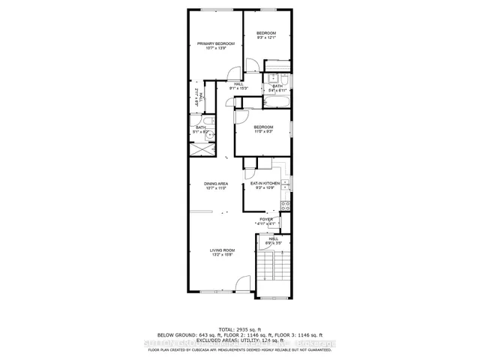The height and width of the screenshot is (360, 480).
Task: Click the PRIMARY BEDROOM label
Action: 216,44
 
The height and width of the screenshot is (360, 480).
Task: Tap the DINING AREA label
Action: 215,184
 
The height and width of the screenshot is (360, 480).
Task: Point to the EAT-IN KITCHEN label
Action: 265,183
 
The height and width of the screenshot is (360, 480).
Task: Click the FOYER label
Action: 266,219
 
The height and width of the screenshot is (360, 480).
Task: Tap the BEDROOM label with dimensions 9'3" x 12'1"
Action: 266,34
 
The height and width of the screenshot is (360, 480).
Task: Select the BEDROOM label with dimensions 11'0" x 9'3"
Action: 262,127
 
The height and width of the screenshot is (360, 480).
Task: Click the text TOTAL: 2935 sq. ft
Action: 240,329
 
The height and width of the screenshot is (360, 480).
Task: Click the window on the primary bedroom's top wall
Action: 217,10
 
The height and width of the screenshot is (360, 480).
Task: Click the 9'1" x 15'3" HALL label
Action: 239,85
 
